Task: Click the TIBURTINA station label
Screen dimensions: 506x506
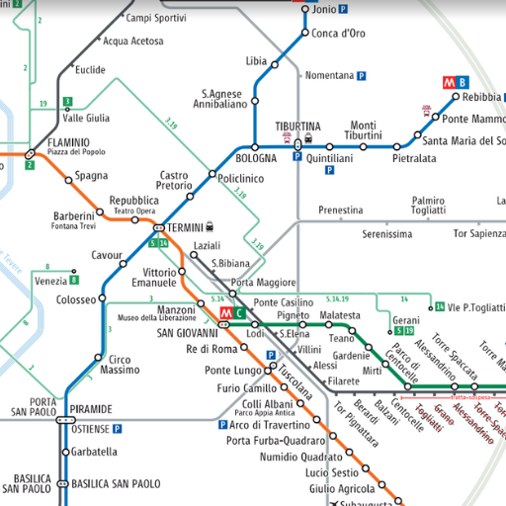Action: click(297, 126)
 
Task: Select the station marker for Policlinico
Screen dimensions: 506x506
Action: click(211, 175)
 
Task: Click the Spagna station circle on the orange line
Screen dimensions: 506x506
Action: click(68, 179)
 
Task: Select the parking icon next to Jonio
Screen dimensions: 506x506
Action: click(343, 9)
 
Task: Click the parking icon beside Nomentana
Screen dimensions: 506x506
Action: click(362, 75)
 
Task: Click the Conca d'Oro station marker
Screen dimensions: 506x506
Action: click(304, 34)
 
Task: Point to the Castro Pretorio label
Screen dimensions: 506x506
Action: click(175, 181)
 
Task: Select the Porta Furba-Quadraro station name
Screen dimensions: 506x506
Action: click(276, 441)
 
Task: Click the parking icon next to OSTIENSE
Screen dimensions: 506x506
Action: click(117, 430)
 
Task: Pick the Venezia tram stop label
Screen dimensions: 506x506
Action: click(50, 282)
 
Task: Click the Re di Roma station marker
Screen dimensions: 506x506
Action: click(246, 349)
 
